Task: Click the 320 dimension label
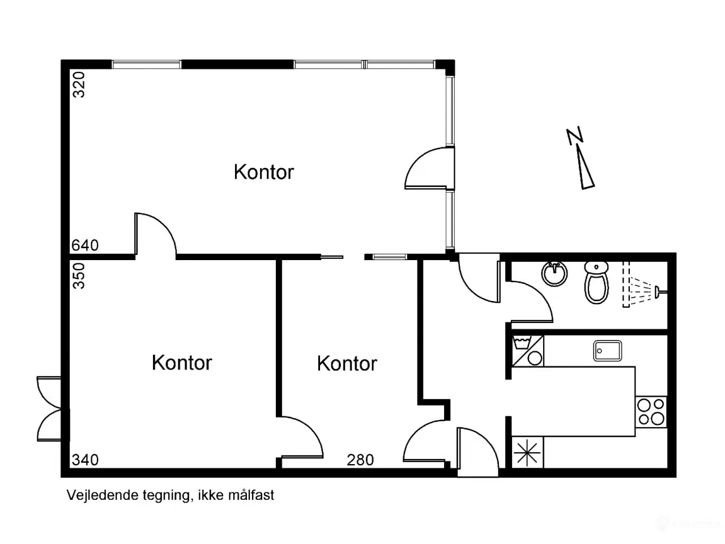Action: pyautogui.click(x=79, y=84)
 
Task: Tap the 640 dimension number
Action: pyautogui.click(x=85, y=245)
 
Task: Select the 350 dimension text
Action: pyautogui.click(x=79, y=276)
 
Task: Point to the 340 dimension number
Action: pyautogui.click(x=85, y=460)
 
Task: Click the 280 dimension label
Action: pyautogui.click(x=360, y=460)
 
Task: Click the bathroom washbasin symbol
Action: pyautogui.click(x=555, y=274)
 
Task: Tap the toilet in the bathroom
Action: pyautogui.click(x=596, y=282)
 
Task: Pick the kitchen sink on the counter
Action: pyautogui.click(x=607, y=351)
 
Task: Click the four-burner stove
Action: pyautogui.click(x=651, y=412)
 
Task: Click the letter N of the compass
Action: pyautogui.click(x=575, y=136)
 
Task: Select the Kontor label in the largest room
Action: pyautogui.click(x=263, y=172)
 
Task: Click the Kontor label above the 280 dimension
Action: pyautogui.click(x=347, y=363)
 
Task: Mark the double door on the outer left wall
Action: pyautogui.click(x=49, y=409)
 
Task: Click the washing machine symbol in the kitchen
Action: pyautogui.click(x=527, y=351)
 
